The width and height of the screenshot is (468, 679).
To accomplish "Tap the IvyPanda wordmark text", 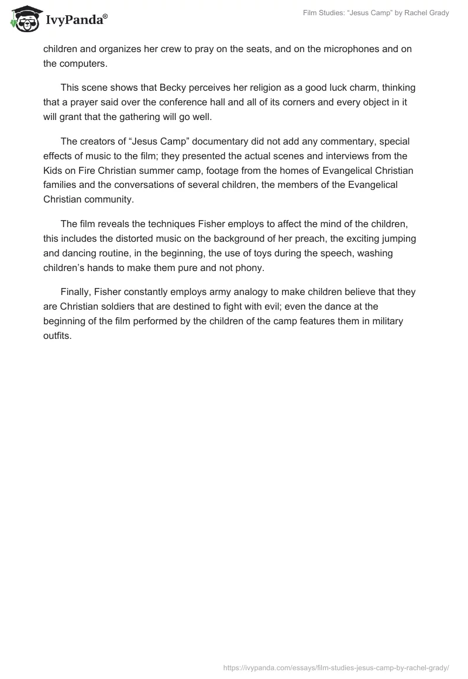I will [76, 20].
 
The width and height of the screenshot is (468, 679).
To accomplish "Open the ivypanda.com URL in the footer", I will [336, 666].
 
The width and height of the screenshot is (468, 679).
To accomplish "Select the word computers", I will [82, 64].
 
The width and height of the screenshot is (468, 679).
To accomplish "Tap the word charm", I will [359, 87].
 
